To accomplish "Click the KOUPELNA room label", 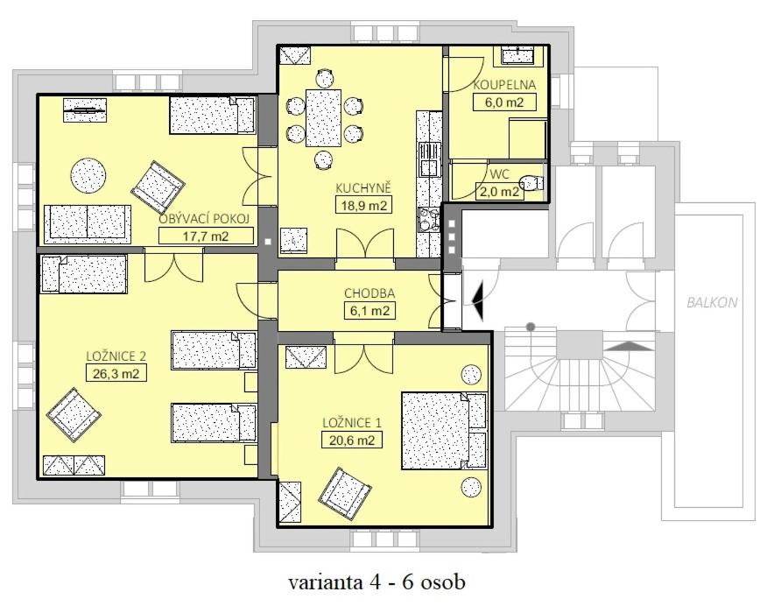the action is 504,85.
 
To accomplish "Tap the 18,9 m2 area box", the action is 364,205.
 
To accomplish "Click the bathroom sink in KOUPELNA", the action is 518,55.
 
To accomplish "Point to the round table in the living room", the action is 88,176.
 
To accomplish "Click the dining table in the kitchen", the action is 323,117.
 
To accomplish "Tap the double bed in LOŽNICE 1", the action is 444,431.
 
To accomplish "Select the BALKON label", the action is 712,302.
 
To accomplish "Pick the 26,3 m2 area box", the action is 116,374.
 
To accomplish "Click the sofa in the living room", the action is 88,224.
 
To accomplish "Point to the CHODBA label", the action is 369,293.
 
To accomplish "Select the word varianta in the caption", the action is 326,582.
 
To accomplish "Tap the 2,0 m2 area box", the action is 498,191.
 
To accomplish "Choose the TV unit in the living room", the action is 85,110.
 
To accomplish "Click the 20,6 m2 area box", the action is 352,440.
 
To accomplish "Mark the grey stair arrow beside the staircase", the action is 630,346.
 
